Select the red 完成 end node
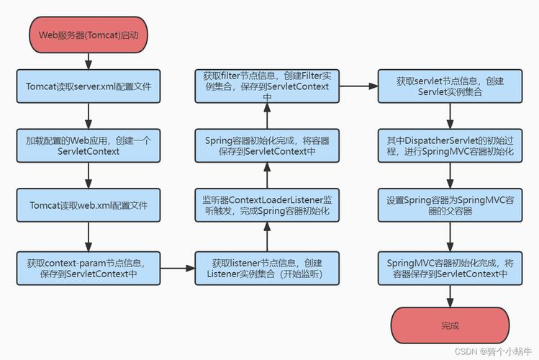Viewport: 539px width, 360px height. (x=450, y=325)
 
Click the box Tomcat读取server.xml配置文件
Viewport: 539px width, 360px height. (x=87, y=86)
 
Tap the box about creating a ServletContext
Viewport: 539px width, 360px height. (x=87, y=146)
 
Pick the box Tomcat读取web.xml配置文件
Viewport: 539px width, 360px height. (x=87, y=205)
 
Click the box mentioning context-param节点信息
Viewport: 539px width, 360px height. (x=87, y=269)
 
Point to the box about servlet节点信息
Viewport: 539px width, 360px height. (x=450, y=86)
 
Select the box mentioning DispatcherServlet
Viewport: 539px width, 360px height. (x=450, y=146)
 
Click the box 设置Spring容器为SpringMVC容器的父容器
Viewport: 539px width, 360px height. (x=450, y=206)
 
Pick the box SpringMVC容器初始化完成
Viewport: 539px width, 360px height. (x=450, y=269)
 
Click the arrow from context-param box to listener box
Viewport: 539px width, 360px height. (x=177, y=269)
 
